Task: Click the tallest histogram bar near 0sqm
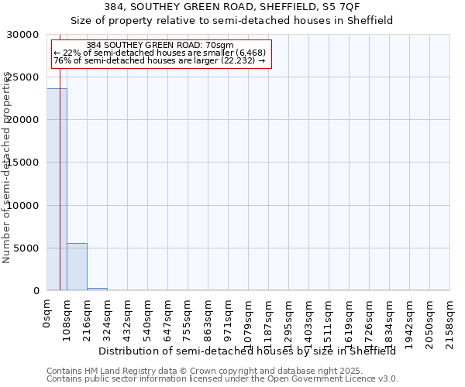coord(57,190)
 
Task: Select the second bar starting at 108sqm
coord(77,267)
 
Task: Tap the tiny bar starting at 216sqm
coord(97,289)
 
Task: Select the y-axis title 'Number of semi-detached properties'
coord(7,167)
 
